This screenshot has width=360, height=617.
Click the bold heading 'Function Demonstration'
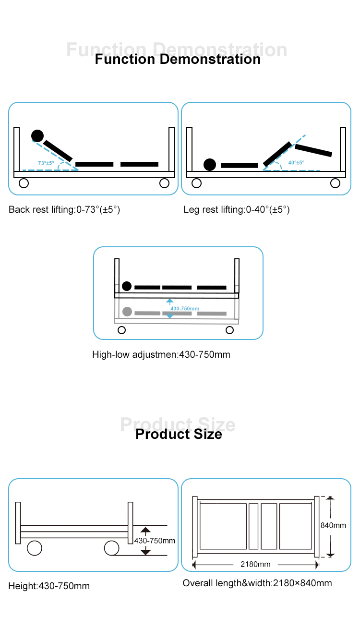[x=178, y=59]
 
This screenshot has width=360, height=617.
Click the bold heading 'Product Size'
[x=179, y=434]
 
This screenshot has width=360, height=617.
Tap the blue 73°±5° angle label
[x=46, y=163]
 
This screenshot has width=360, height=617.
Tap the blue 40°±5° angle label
[x=296, y=162]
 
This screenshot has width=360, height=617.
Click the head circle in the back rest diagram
[x=37, y=136]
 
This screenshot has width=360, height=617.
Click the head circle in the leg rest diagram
[x=210, y=165]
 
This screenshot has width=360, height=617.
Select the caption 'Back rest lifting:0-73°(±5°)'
[x=64, y=210]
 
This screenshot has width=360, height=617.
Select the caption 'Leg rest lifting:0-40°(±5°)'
[x=237, y=210]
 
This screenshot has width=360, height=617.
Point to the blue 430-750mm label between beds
[x=184, y=308]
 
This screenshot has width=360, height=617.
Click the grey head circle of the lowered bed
[x=127, y=312]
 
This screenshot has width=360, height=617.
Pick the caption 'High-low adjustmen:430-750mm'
[x=161, y=354]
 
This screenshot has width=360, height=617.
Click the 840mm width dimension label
[x=333, y=525]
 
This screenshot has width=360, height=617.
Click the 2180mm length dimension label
[x=255, y=564]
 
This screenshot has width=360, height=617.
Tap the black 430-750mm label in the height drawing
[x=155, y=541]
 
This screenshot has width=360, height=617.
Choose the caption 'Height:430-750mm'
[x=49, y=586]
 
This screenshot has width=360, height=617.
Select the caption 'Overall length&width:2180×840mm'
[x=257, y=583]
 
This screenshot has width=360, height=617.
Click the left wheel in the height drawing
[x=35, y=548]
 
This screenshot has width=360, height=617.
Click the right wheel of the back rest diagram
[x=165, y=183]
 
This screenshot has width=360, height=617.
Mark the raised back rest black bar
[x=58, y=151]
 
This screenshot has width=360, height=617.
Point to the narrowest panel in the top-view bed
[x=253, y=526]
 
